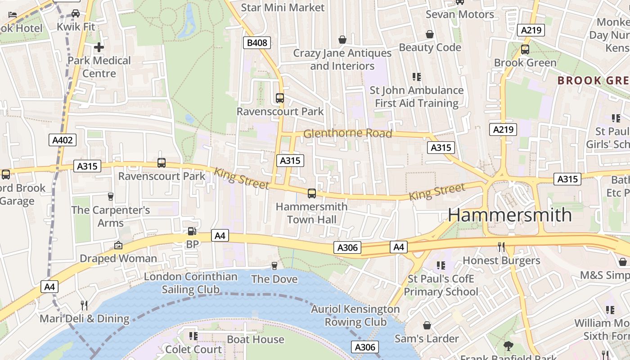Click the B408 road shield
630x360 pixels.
tap(257, 43)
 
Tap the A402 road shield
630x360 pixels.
tap(63, 140)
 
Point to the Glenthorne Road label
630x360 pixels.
tap(347, 133)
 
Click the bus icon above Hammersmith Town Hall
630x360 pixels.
tap(311, 193)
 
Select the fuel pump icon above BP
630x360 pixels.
tap(192, 231)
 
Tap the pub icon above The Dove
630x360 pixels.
tap(274, 266)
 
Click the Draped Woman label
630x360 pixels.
tap(118, 258)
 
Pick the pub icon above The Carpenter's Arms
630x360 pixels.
tap(110, 196)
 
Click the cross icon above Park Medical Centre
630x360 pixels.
tap(99, 47)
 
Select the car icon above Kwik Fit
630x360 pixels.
tap(76, 13)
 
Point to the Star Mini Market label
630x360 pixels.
tap(283, 8)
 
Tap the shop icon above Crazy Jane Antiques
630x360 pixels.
tap(342, 40)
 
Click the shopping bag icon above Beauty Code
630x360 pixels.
tap(430, 34)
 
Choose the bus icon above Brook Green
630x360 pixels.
tap(525, 49)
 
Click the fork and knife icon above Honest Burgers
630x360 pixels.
tap(501, 247)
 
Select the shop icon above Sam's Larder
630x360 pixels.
tap(427, 325)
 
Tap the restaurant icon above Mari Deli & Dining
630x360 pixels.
tap(84, 306)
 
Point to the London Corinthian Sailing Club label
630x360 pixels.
tap(190, 283)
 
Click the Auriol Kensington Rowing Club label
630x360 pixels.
tap(355, 315)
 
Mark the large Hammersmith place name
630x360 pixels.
tap(509, 215)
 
